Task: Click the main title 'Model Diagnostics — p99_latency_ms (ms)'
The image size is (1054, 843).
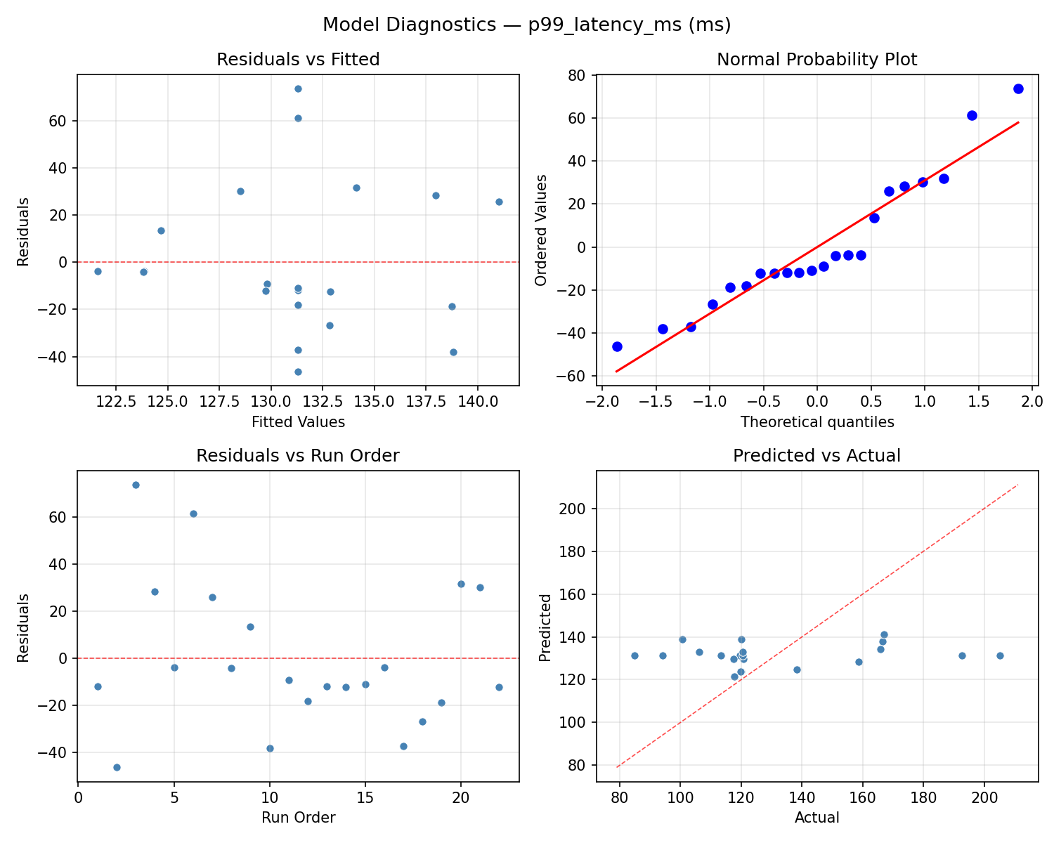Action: click(x=527, y=25)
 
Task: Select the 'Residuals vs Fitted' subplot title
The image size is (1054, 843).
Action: click(x=298, y=60)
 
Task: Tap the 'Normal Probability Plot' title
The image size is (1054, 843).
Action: click(x=816, y=60)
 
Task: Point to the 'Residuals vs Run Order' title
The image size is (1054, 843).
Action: click(x=298, y=456)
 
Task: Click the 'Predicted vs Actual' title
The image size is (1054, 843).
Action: click(x=816, y=456)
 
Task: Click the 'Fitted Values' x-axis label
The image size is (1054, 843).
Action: click(x=298, y=422)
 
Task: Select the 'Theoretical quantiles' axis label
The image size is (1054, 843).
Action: click(x=816, y=422)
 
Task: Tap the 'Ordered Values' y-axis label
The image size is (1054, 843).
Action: click(x=540, y=230)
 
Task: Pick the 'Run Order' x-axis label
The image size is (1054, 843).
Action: click(x=298, y=818)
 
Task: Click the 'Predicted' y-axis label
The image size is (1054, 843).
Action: click(x=545, y=626)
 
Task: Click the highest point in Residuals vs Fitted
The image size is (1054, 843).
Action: click(x=298, y=89)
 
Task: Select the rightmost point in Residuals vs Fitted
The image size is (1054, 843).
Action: click(x=499, y=202)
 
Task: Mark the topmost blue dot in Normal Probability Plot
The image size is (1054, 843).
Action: click(x=1018, y=89)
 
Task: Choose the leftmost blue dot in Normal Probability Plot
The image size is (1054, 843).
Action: click(x=617, y=346)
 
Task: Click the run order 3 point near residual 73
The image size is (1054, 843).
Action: click(x=136, y=485)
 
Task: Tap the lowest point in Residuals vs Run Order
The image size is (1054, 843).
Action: click(x=117, y=767)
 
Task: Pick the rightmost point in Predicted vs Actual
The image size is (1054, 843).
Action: click(x=1000, y=655)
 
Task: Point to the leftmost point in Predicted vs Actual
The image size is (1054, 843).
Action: click(x=635, y=655)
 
